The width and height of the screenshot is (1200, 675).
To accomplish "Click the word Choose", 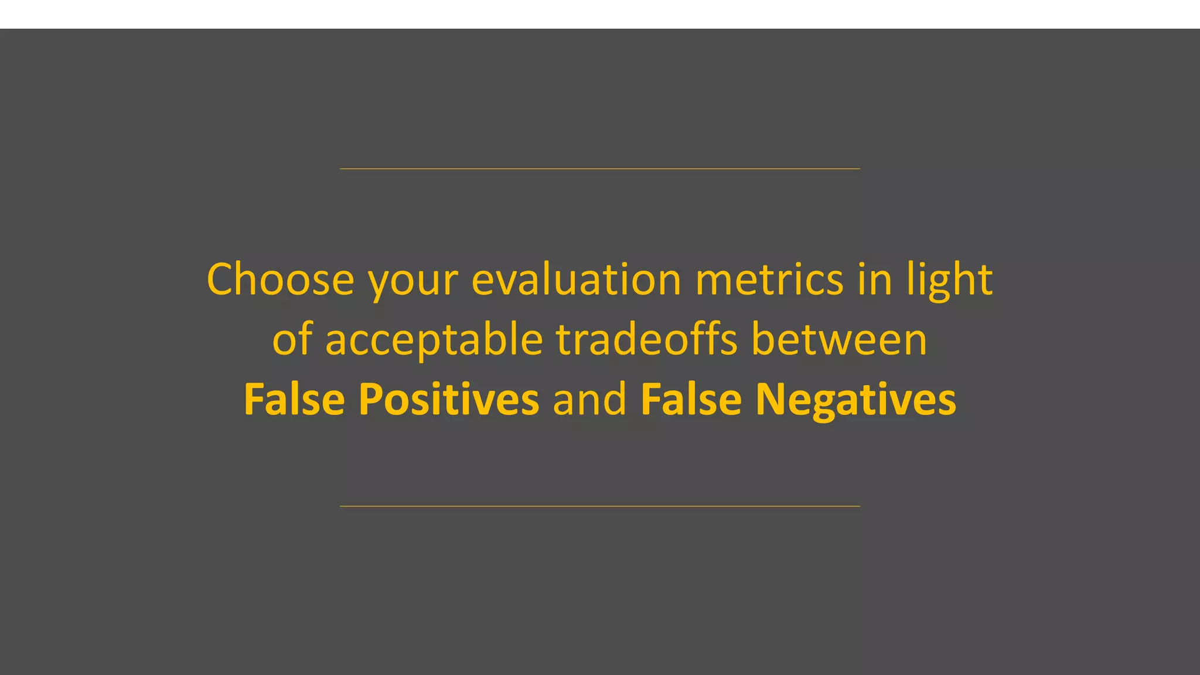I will (280, 279).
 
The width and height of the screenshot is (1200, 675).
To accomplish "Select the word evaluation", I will (576, 279).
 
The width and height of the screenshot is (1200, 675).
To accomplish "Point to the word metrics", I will (769, 279).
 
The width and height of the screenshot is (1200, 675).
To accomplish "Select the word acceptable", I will (434, 341).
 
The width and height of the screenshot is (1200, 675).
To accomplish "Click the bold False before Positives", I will (294, 399).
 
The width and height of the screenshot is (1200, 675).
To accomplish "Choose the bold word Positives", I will (448, 399).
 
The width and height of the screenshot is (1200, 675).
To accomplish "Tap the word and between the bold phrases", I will (589, 399).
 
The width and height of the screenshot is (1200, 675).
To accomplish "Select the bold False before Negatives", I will (691, 399).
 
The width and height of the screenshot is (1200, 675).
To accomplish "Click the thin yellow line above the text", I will (600, 169).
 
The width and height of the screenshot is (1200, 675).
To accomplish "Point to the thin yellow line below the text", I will (600, 506).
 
